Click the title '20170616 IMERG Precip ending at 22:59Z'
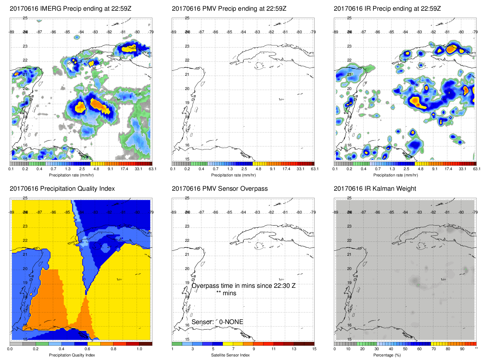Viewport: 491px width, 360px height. coord(70,9)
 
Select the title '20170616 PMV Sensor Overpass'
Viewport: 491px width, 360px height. coord(220,189)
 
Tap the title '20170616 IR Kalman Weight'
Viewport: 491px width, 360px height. coord(375,189)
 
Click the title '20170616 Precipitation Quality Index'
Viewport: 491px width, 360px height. coord(62,189)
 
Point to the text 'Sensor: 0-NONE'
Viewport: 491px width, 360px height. coord(217,322)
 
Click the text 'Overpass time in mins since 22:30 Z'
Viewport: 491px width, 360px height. coord(243,286)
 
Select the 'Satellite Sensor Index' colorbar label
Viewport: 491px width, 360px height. coord(230,355)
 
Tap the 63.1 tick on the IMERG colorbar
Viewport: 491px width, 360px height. coord(152,169)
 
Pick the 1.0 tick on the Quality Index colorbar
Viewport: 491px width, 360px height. coord(139,349)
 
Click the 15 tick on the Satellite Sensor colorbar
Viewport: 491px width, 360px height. coord(314,349)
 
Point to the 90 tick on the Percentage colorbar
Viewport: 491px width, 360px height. coord(462,349)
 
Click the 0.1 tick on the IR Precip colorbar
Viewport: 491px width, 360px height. coord(335,169)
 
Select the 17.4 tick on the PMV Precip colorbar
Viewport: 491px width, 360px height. coord(286,169)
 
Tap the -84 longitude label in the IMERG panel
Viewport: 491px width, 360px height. coord(81,32)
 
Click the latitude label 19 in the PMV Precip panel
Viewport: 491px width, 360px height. coord(187,103)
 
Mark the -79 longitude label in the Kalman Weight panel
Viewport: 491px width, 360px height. coord(475,212)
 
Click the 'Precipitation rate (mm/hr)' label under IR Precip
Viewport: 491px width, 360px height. coord(395,175)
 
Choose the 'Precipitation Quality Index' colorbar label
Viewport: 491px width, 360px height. coord(72,355)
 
